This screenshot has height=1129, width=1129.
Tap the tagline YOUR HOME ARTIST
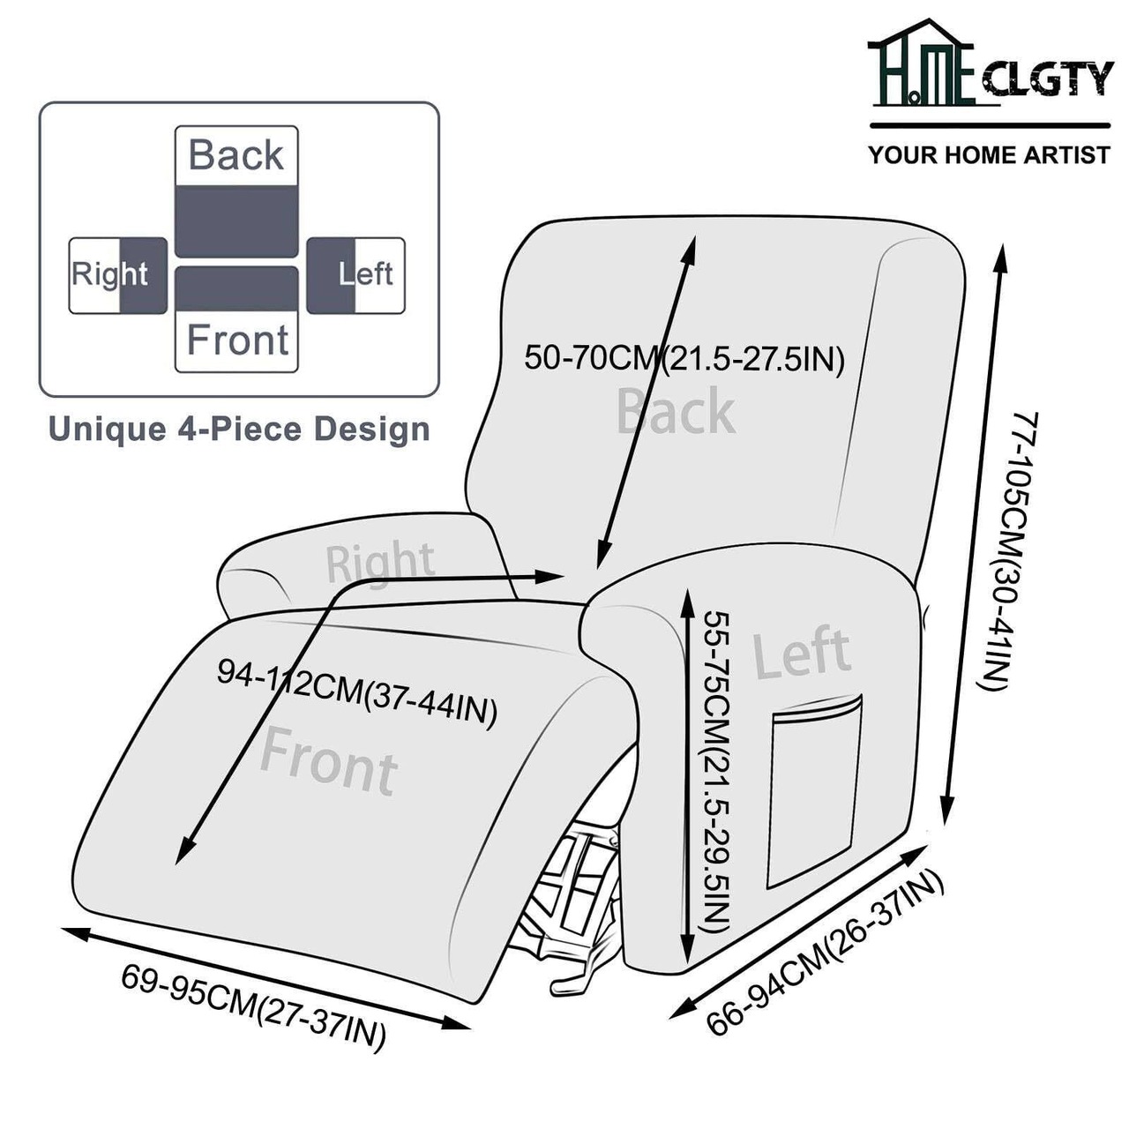point(989,155)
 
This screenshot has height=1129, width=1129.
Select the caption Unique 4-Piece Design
point(239,430)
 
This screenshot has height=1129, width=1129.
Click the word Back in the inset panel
point(236,155)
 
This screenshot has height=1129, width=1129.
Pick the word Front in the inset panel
point(237,340)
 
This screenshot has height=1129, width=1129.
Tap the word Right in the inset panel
point(108,274)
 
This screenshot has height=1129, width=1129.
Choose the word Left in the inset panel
point(366,274)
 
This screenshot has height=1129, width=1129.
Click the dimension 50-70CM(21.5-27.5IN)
point(684,359)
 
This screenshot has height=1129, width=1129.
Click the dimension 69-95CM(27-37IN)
point(254,1006)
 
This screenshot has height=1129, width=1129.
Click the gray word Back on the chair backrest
point(676,412)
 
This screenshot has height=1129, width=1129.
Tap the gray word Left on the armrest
point(801,654)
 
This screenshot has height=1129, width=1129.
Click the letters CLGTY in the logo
point(1047,79)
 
